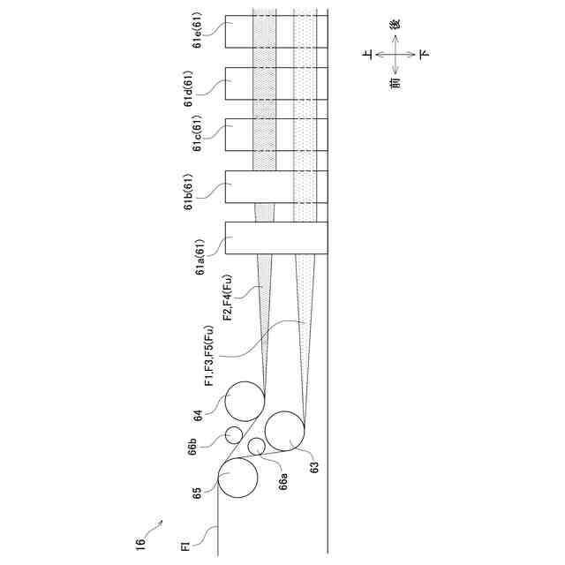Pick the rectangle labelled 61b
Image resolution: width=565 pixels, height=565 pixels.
click(x=276, y=187)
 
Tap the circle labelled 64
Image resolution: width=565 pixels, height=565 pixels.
click(x=245, y=402)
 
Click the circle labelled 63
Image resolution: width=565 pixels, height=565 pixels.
click(x=284, y=432)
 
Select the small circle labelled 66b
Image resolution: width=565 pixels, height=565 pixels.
click(x=234, y=434)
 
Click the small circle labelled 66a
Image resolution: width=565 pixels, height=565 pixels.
click(x=256, y=446)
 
